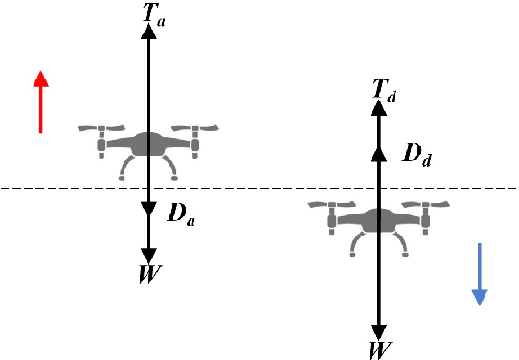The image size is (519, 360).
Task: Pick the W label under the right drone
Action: [x=380, y=347]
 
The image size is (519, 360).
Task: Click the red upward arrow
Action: [x=40, y=101]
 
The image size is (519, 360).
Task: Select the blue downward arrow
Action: [x=480, y=274]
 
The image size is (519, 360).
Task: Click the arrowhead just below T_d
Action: [x=379, y=107]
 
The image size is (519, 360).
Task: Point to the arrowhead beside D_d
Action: [x=379, y=152]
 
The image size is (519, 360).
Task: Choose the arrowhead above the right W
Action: [x=380, y=326]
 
